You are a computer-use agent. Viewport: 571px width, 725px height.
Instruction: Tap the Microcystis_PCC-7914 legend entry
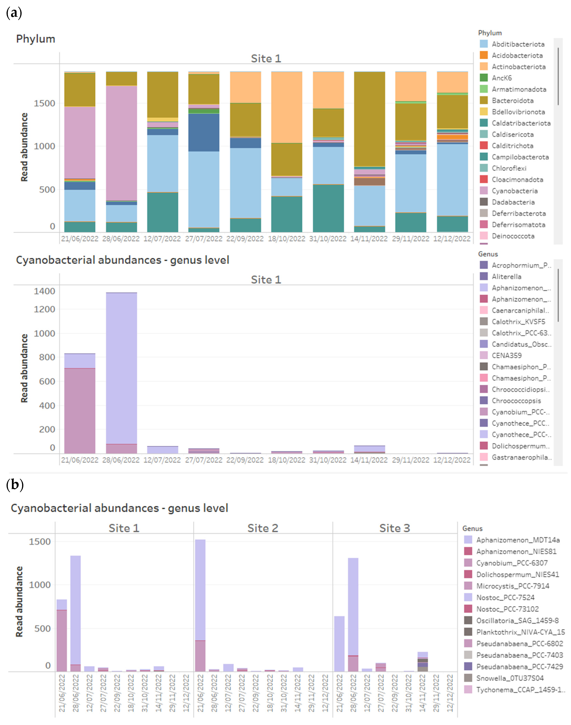512,586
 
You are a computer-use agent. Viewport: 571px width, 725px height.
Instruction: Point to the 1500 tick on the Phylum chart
44,103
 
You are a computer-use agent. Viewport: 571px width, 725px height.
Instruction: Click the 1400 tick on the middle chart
44,291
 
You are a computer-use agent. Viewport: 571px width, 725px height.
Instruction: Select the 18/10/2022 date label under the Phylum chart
287,238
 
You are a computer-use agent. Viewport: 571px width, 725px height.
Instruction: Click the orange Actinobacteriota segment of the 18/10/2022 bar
287,107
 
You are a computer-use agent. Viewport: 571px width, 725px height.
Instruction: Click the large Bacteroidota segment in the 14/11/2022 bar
369,119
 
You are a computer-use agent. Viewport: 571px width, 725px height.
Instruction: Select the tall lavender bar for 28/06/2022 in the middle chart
121,368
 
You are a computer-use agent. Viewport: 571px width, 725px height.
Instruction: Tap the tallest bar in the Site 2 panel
200,589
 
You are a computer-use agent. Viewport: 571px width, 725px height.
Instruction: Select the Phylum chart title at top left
35,39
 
